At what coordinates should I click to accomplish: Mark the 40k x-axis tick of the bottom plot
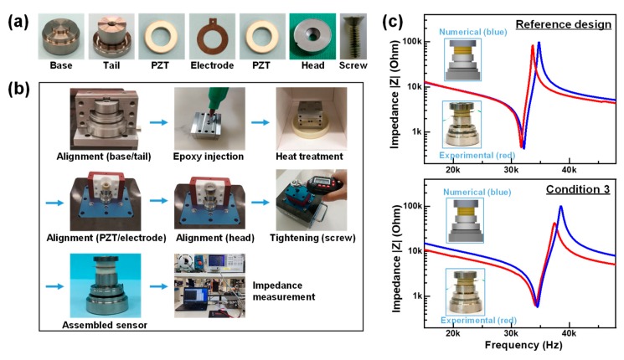(x=570, y=334)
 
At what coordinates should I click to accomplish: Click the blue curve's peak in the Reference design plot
(x=539, y=42)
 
